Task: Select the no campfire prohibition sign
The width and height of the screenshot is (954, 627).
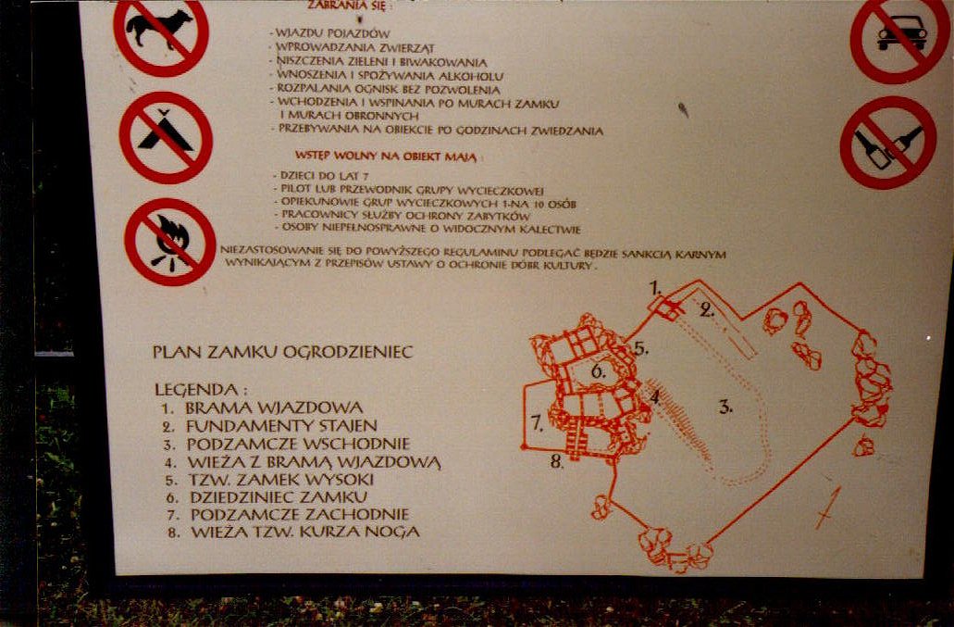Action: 170,241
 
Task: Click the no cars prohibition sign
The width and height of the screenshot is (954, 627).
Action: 899,37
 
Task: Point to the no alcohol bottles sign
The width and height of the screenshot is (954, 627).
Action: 888,143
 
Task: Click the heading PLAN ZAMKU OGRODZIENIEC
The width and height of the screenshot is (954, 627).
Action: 282,352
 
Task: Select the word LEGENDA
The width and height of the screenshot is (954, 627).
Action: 200,390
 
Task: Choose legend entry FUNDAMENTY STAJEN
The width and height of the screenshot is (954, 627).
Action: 280,426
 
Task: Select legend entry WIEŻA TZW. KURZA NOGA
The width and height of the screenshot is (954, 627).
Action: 304,533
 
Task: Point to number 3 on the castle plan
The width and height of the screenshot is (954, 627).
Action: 725,405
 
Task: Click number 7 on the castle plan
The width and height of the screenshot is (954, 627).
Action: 536,423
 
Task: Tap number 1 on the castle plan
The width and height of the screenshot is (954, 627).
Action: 654,286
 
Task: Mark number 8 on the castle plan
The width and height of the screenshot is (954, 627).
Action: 556,461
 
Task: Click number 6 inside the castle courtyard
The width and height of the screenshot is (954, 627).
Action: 598,370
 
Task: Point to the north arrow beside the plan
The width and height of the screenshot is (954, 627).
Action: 827,508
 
